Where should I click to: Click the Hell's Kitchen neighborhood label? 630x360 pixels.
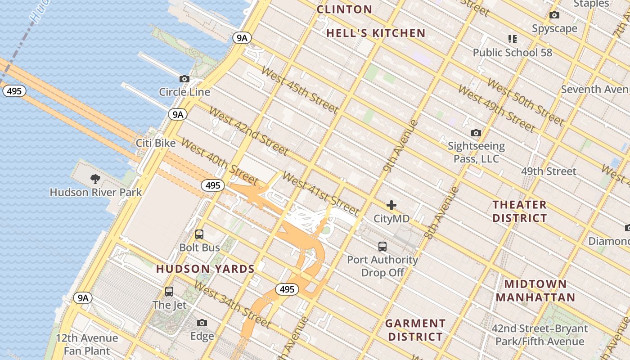tap(376, 33)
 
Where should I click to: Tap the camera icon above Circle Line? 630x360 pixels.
tap(184, 79)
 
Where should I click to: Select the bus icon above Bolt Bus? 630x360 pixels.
tap(199, 234)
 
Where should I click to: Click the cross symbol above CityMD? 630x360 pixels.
tap(391, 206)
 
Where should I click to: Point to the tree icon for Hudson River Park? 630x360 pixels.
tap(95, 179)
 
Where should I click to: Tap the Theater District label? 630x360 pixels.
tap(519, 211)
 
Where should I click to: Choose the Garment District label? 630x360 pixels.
tap(415, 330)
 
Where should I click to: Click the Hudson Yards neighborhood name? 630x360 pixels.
tap(205, 269)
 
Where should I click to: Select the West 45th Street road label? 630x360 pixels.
tap(299, 90)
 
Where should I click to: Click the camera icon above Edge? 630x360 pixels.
tap(202, 323)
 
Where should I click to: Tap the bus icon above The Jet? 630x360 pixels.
tap(169, 292)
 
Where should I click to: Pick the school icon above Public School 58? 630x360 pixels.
tap(512, 39)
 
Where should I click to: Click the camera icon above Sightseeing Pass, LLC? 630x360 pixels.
tap(476, 133)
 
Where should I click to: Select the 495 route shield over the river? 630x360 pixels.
tap(14, 91)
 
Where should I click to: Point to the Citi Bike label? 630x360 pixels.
tap(156, 143)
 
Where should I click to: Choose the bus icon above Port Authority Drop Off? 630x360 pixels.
tap(382, 247)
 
